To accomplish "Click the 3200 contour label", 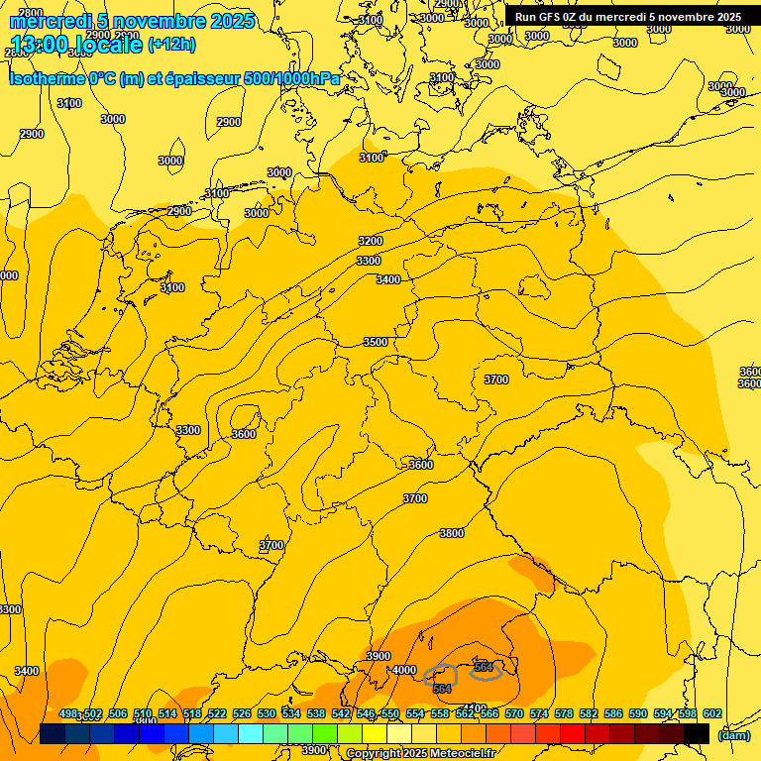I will click(371, 241).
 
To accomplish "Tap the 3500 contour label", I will click(376, 342).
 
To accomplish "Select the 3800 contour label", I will click(452, 533).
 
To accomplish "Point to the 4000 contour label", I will click(404, 670).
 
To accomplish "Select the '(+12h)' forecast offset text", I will click(171, 44).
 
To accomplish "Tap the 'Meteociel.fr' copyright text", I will click(462, 753).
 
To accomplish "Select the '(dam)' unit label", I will click(733, 734).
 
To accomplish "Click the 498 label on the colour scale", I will click(68, 713).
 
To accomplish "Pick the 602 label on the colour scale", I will click(712, 713).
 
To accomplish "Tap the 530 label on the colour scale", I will click(267, 713).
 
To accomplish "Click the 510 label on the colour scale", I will click(143, 713).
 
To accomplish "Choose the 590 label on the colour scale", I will click(638, 713).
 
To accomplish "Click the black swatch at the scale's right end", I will click(697, 733).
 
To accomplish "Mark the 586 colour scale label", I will click(613, 713).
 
